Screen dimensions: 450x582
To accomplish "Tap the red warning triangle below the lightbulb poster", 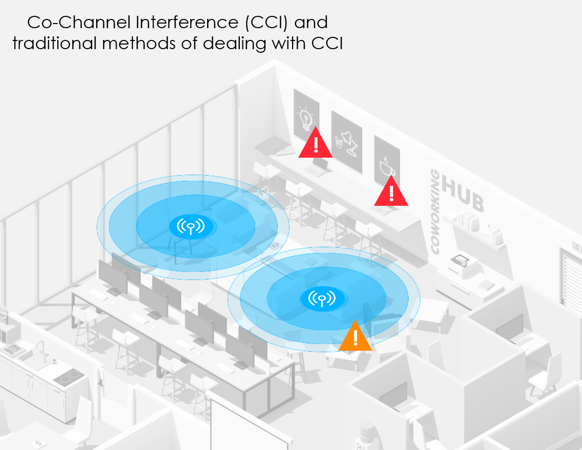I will [316, 144].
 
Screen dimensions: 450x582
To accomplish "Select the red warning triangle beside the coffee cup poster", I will [391, 192].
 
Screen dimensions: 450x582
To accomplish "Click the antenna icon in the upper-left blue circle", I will [190, 226].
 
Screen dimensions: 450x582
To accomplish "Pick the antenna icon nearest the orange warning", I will [321, 297].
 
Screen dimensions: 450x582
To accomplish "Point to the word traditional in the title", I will [54, 44].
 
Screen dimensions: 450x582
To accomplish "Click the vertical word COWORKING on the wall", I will [435, 212].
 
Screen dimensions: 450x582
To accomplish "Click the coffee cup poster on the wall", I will [386, 161].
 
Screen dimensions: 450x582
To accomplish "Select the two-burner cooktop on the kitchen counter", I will [68, 378].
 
